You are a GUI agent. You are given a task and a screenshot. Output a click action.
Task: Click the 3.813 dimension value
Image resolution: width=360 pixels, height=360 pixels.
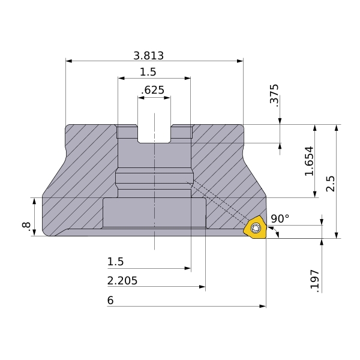point(149,56)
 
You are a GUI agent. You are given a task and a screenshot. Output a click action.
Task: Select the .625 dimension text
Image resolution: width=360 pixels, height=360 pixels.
point(152,90)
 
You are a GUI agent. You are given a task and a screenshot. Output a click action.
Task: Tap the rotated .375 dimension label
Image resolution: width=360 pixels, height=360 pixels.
point(274,95)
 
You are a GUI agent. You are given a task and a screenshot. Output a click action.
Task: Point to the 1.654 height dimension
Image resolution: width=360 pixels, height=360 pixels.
point(309,161)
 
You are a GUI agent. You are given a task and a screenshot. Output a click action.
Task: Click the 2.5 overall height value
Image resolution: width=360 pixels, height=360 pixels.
point(331,184)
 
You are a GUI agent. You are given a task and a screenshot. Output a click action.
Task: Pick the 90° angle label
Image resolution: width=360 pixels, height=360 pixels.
point(280,218)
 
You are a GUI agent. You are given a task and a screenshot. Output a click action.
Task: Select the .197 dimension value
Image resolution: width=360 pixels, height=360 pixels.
point(315,281)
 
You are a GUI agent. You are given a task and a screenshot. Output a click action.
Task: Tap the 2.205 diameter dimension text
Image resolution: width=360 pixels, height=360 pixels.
point(122,281)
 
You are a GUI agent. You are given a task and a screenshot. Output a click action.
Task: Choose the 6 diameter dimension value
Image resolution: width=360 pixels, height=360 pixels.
point(110,301)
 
